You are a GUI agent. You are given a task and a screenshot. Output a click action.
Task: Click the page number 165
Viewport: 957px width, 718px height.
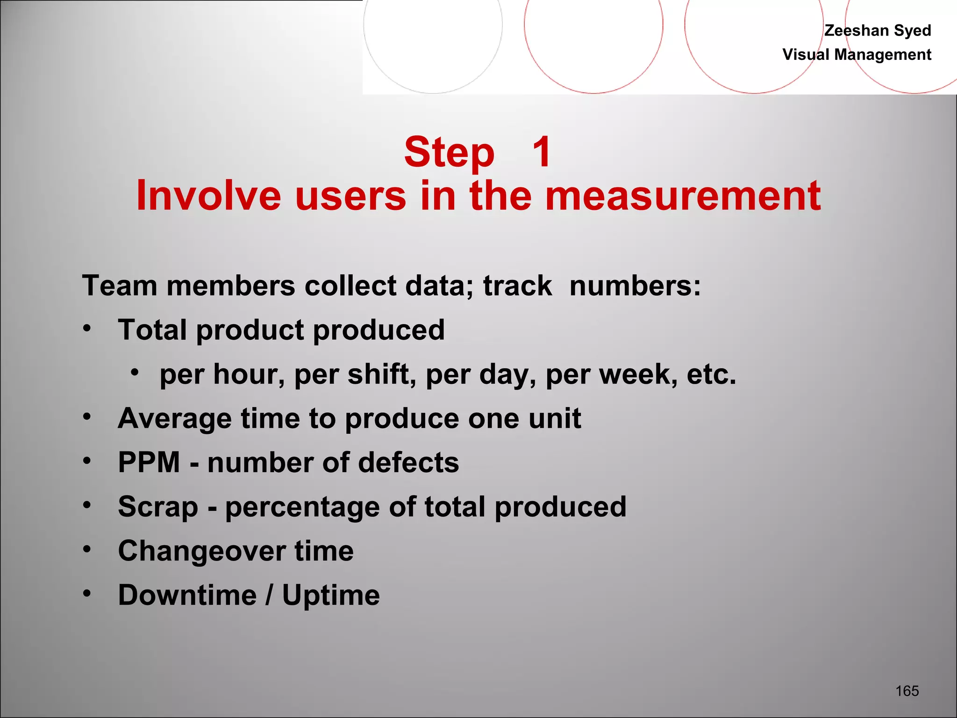click(x=907, y=691)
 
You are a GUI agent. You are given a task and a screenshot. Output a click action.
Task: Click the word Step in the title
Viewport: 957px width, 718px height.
click(x=449, y=152)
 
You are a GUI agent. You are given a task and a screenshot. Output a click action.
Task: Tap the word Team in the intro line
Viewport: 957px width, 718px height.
click(x=120, y=286)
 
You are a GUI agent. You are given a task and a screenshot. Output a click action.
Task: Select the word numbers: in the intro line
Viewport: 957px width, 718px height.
click(x=635, y=286)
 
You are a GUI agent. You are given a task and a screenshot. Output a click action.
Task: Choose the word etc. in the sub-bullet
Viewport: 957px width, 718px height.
click(x=711, y=374)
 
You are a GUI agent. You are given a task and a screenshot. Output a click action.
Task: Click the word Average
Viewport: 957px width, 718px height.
click(x=175, y=418)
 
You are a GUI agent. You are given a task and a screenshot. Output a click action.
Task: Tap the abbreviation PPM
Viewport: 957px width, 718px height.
click(x=149, y=462)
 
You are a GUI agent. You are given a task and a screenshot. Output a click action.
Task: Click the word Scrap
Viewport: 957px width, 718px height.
click(x=158, y=507)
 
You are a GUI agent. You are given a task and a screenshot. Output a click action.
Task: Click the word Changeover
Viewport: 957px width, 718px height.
click(x=201, y=551)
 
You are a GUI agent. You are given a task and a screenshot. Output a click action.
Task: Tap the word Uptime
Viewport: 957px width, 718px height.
click(x=331, y=596)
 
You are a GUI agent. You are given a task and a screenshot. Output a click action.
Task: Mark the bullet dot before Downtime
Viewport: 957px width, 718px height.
click(x=87, y=593)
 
